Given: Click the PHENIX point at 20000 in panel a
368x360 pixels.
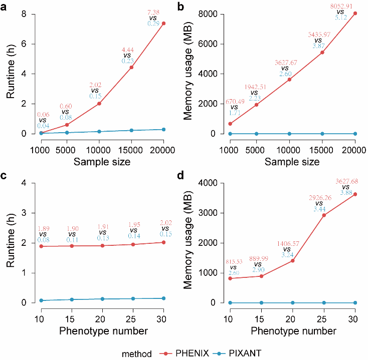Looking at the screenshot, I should (163, 24).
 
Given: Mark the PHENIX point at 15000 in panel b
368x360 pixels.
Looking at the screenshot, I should (322, 53).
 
